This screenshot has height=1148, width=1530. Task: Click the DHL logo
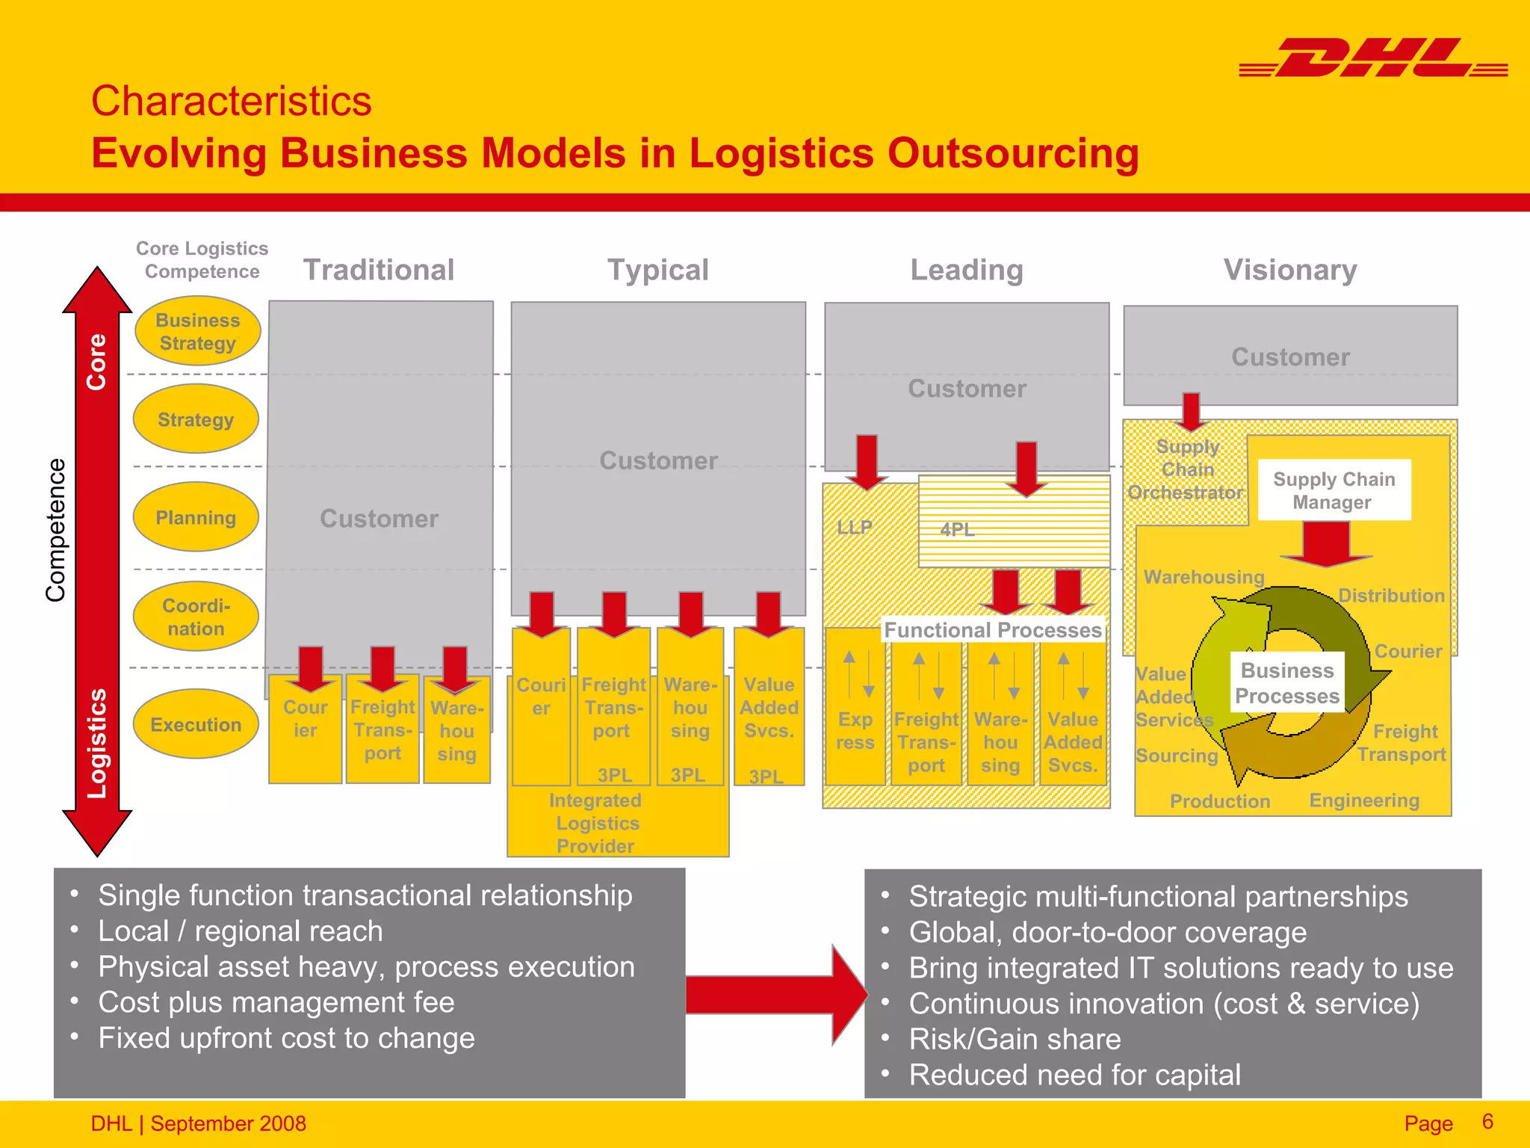(x=1373, y=58)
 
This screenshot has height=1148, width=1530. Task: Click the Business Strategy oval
(x=198, y=331)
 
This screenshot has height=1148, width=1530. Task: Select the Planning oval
(x=196, y=517)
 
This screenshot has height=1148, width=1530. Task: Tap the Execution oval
(x=196, y=724)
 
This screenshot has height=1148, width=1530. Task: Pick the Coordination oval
(x=196, y=617)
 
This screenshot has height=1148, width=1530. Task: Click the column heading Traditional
(x=379, y=270)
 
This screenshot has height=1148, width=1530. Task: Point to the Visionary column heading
(x=1290, y=270)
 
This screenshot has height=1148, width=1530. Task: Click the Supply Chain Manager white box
(x=1334, y=490)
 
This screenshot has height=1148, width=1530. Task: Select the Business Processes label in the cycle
(x=1286, y=683)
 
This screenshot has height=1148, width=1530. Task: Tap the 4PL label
(x=958, y=529)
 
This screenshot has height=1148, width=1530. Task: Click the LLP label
(x=855, y=527)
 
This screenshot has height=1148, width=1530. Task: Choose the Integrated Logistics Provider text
(x=596, y=823)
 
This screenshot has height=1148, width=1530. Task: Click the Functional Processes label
(x=993, y=630)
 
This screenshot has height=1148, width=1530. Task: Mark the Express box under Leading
(x=855, y=730)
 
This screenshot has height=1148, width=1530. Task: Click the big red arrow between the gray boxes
(x=775, y=995)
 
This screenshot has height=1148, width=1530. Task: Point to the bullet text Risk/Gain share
(x=1015, y=1039)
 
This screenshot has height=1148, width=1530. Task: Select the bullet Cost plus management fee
(x=276, y=1002)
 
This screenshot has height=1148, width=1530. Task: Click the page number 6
(x=1487, y=1121)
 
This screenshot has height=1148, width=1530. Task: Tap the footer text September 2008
(x=228, y=1123)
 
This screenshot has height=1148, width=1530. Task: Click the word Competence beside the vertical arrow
(x=56, y=530)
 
